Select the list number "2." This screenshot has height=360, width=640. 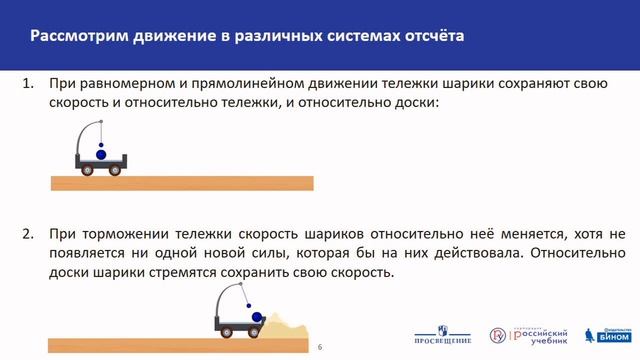pyautogui.click(x=28, y=232)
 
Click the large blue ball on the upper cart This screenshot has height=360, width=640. pyautogui.click(x=100, y=153)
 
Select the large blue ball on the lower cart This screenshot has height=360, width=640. pyautogui.click(x=258, y=319)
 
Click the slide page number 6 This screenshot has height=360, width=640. pyautogui.click(x=320, y=346)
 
